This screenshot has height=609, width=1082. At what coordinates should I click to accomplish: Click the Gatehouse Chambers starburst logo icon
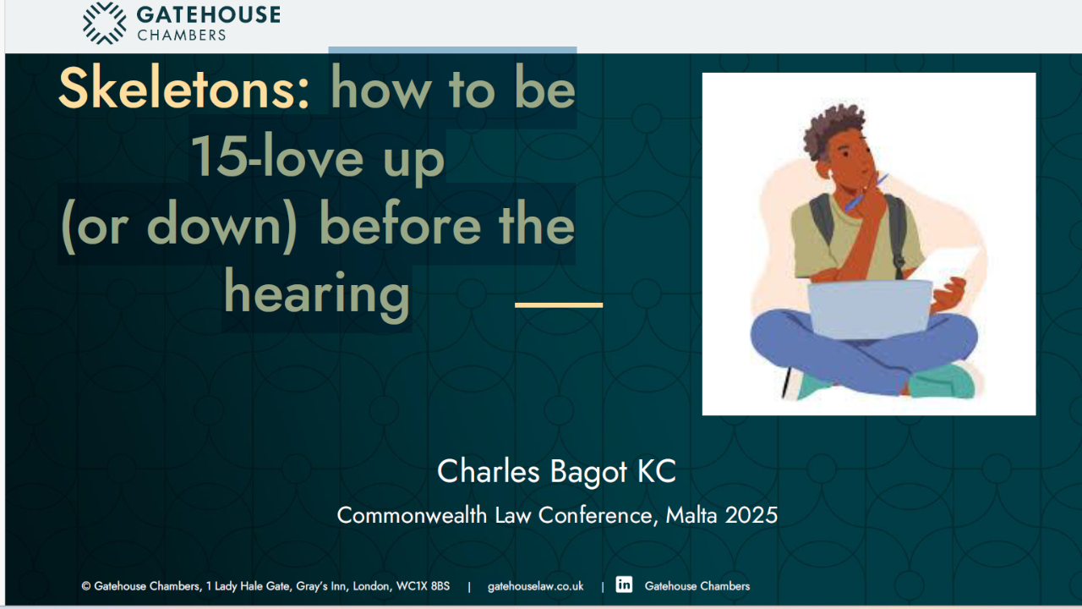tap(104, 23)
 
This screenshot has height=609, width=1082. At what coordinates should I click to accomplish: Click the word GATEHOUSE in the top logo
tap(208, 15)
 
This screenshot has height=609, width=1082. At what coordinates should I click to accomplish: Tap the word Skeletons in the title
tap(183, 89)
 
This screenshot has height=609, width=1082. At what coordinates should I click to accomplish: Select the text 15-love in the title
tap(277, 156)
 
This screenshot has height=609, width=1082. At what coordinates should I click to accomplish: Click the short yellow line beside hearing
tap(559, 305)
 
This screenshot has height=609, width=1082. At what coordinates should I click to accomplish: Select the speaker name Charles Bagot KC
tap(556, 471)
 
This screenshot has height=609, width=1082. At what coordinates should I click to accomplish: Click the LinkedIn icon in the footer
tap(624, 584)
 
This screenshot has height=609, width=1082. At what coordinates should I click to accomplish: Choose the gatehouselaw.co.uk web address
tap(535, 586)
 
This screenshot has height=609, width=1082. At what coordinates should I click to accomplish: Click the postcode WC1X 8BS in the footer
tap(423, 586)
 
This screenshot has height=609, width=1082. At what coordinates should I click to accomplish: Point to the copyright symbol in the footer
tap(86, 586)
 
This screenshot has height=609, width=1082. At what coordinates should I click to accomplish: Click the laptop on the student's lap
tap(870, 310)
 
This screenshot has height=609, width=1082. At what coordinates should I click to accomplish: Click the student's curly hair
tap(833, 128)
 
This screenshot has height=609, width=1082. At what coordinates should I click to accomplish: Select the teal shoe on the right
tap(942, 381)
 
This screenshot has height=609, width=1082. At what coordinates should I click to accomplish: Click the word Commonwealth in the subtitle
tap(412, 515)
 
